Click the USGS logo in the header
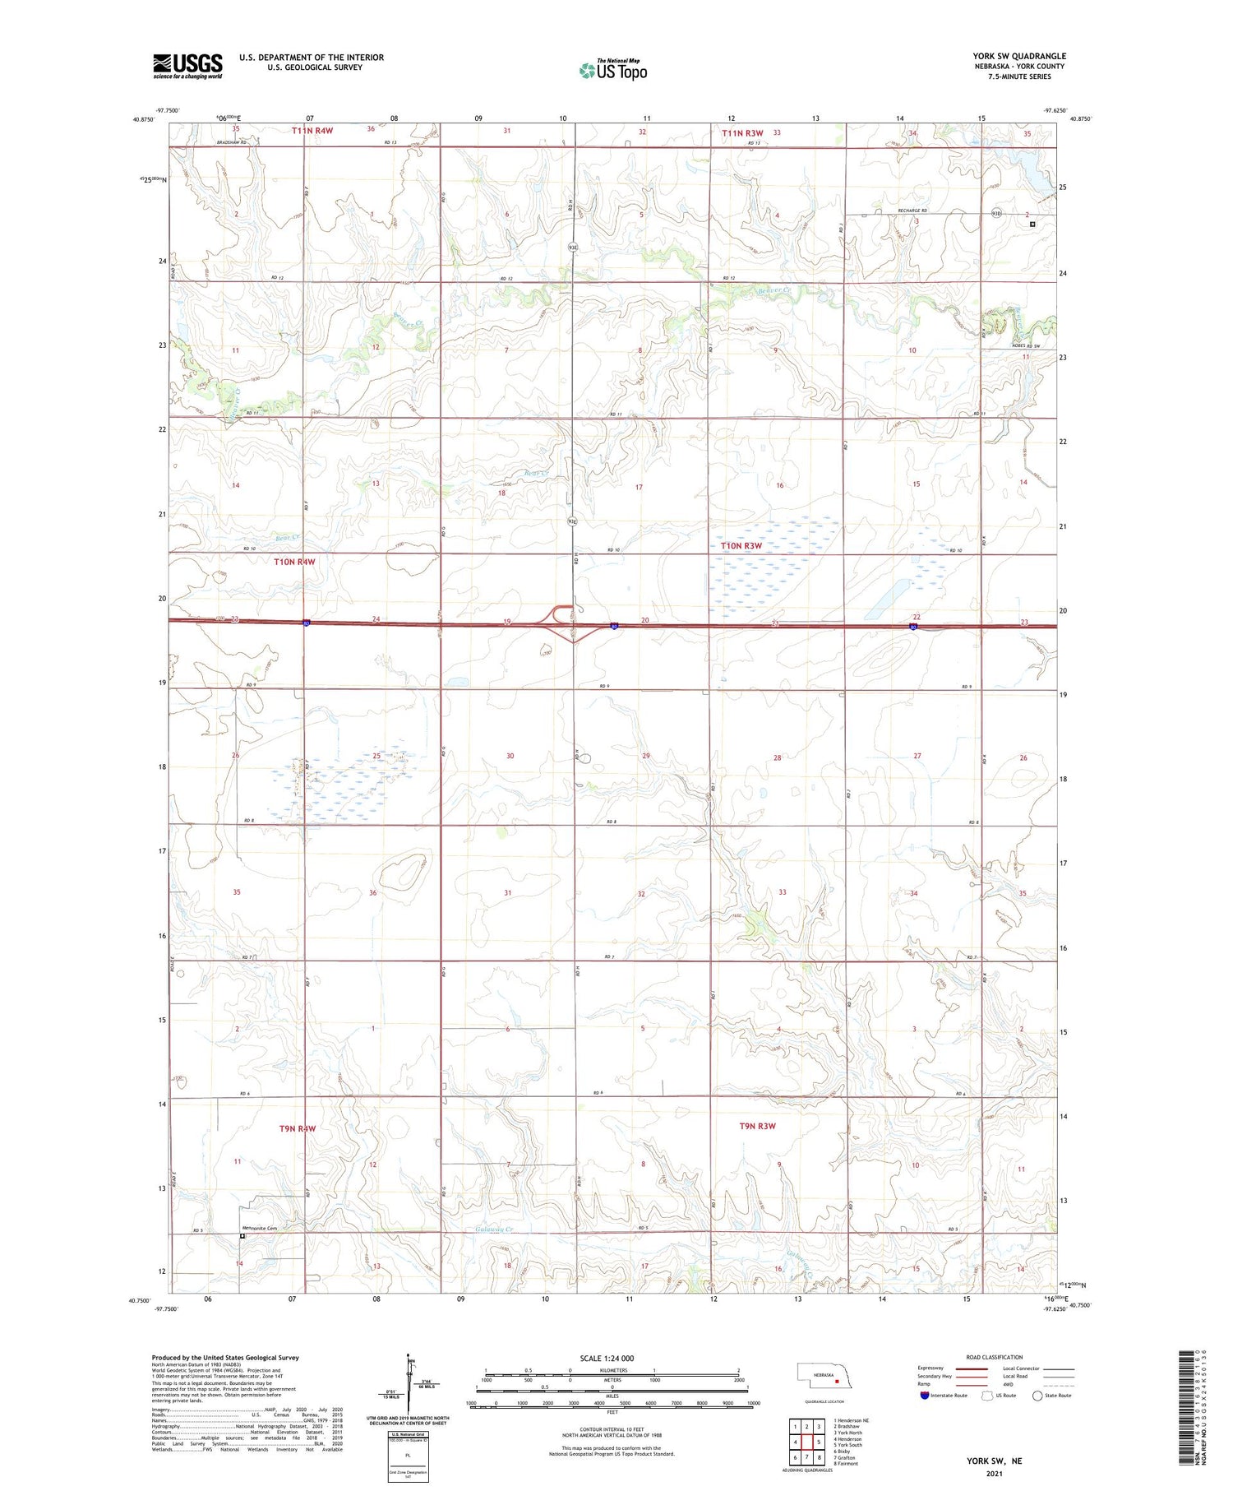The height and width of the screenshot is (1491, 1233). pyautogui.click(x=187, y=66)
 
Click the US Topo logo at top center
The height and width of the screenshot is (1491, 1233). pyautogui.click(x=613, y=71)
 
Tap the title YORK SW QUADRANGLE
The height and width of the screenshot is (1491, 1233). pyautogui.click(x=1018, y=56)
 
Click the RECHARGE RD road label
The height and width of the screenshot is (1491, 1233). pyautogui.click(x=908, y=211)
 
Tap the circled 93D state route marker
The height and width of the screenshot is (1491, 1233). pyautogui.click(x=997, y=214)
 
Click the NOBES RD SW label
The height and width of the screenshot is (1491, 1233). pyautogui.click(x=1026, y=345)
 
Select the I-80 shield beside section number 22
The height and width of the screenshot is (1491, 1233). pyautogui.click(x=914, y=627)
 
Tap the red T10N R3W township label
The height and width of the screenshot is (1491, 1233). pyautogui.click(x=741, y=545)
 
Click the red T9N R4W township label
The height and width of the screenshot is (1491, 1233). pyautogui.click(x=297, y=1128)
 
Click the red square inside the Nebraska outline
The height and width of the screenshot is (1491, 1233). pyautogui.click(x=837, y=1382)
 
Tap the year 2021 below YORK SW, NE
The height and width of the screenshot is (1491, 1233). pyautogui.click(x=994, y=1474)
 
